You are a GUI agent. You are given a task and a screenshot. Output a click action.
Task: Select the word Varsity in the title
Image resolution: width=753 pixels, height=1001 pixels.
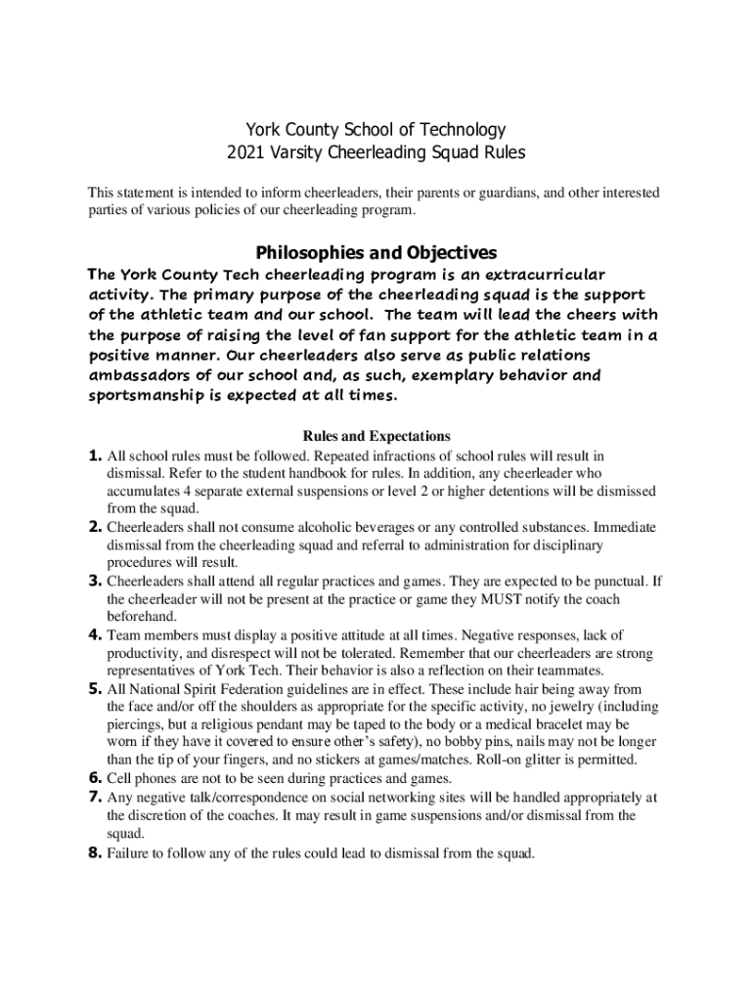pyautogui.click(x=297, y=153)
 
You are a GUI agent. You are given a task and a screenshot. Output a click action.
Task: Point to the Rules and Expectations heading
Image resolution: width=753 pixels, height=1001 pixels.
pyautogui.click(x=376, y=436)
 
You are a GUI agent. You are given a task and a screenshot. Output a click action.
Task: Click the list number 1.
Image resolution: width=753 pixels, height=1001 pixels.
pyautogui.click(x=95, y=456)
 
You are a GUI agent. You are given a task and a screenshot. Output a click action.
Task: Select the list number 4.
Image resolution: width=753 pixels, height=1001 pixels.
pyautogui.click(x=95, y=635)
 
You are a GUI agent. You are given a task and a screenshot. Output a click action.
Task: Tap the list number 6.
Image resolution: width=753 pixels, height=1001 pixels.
pyautogui.click(x=95, y=779)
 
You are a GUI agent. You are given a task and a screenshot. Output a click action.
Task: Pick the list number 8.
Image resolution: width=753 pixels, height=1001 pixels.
pyautogui.click(x=95, y=853)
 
